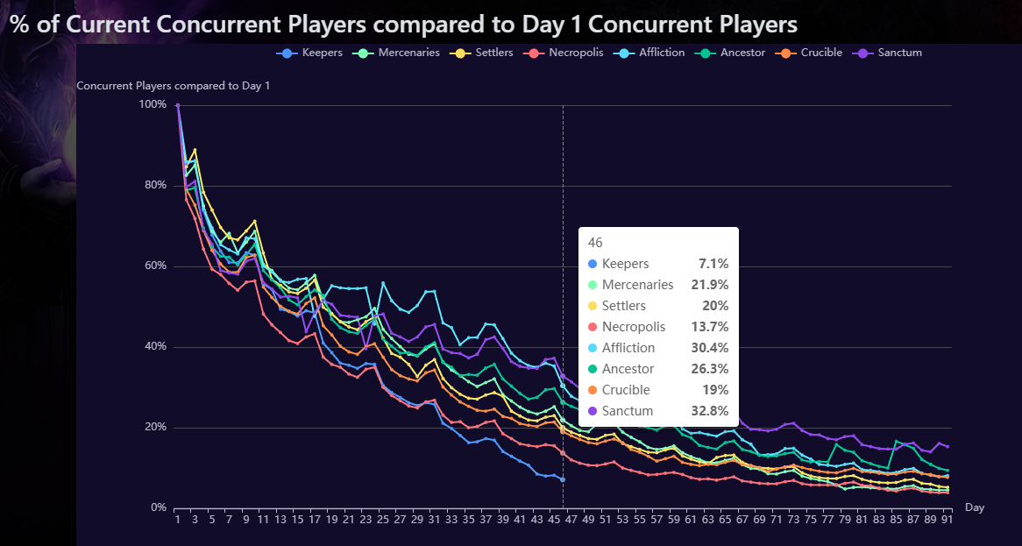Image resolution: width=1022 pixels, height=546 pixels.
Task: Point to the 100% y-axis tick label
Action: (153, 104)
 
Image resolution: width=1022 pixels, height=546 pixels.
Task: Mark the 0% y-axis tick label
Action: (158, 508)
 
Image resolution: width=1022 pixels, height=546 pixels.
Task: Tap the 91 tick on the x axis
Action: (947, 520)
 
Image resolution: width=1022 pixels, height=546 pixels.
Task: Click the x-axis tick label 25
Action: (382, 520)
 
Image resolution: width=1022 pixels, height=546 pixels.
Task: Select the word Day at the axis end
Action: (974, 507)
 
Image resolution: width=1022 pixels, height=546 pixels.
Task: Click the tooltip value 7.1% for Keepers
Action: (713, 264)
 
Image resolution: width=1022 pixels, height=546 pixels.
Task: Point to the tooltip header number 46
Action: (595, 243)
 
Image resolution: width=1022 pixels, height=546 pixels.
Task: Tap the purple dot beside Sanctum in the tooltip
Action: (593, 411)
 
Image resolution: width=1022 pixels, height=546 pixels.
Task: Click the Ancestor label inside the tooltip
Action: (628, 369)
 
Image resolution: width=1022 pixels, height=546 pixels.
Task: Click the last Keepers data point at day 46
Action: (563, 479)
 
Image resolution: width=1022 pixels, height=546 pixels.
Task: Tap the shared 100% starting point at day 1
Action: (178, 105)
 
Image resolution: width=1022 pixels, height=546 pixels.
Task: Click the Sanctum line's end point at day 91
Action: (947, 447)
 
